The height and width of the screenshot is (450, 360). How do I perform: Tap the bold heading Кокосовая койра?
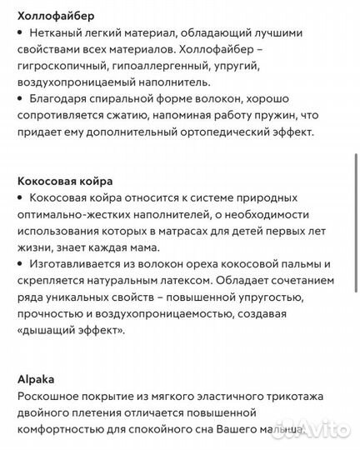[x=65, y=181]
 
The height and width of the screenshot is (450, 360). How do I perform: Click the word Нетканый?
[x=57, y=32]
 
